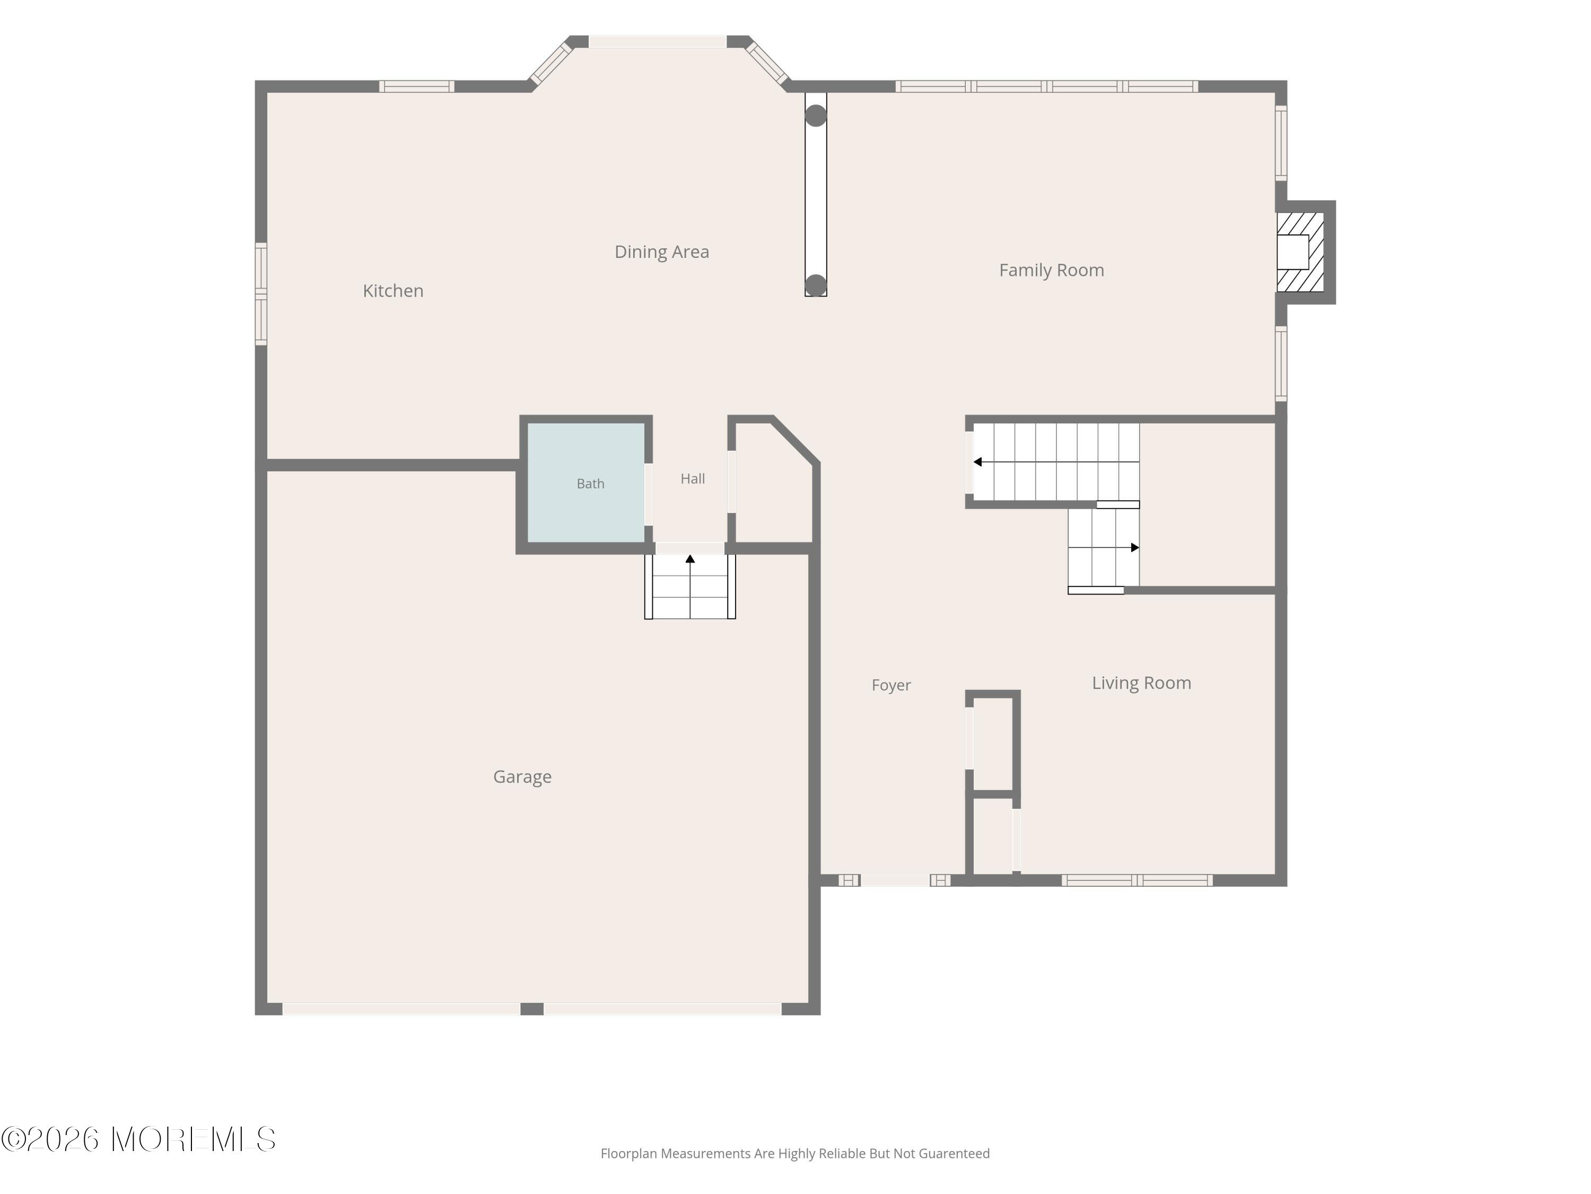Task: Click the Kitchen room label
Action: click(x=393, y=291)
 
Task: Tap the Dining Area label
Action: click(x=662, y=252)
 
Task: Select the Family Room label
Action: click(x=1052, y=271)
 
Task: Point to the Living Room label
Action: click(x=1141, y=683)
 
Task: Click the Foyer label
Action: click(x=891, y=685)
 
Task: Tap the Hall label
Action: click(x=693, y=479)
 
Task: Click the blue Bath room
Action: click(x=586, y=482)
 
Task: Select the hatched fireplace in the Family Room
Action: click(x=1300, y=252)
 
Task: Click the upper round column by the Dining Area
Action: click(x=816, y=116)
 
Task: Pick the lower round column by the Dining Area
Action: click(x=816, y=285)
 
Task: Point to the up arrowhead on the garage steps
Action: click(x=690, y=558)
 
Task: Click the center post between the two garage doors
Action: click(x=531, y=1009)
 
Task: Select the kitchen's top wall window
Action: click(x=417, y=86)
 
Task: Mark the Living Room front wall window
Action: click(x=1137, y=880)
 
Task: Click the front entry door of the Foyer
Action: click(x=895, y=880)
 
